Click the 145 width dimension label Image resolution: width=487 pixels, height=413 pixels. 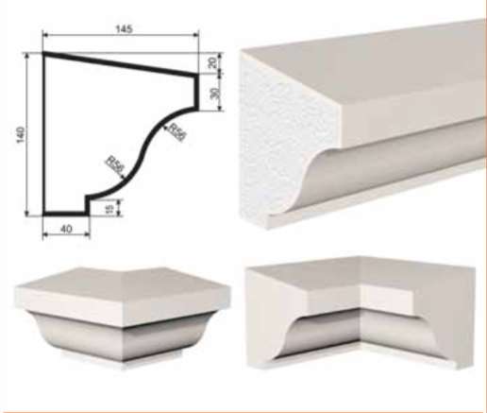point(125,29)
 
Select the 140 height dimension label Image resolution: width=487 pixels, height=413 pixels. point(20,134)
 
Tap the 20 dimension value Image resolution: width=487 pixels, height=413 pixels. point(213,62)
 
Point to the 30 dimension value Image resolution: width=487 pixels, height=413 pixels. point(214,93)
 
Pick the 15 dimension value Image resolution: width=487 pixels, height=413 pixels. point(109,208)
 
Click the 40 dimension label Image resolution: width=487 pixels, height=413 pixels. point(66,229)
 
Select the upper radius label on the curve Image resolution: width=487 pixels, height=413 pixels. point(177,131)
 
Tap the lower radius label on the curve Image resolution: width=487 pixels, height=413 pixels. point(114,164)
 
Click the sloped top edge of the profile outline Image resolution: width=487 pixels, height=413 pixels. point(121,64)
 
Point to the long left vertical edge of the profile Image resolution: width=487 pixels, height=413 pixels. point(44,134)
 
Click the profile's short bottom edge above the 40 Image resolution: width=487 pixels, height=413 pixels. point(66,214)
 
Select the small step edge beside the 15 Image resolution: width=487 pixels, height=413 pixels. point(88,205)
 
